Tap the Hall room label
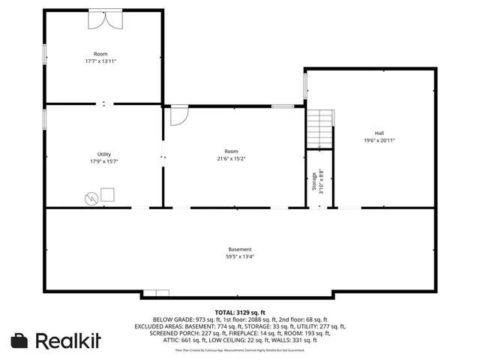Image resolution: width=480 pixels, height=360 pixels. [379, 132]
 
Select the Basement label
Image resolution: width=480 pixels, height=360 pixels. [240, 249]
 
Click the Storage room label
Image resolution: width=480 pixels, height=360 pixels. [315, 181]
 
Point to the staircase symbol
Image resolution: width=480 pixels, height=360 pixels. [319, 129]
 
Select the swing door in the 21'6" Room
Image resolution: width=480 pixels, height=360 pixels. [178, 115]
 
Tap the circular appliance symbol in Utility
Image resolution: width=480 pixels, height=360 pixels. [91, 198]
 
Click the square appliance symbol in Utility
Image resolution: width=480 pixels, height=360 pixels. [108, 194]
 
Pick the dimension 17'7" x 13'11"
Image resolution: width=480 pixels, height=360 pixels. [100, 61]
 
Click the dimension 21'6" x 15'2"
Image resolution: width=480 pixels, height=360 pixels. [231, 158]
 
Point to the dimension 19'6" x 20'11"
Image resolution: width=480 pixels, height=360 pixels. [379, 139]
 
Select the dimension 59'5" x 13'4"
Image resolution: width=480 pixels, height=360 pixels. [240, 256]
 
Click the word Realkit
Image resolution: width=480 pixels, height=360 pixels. [69, 340]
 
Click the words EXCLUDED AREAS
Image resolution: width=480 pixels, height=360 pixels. [160, 326]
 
